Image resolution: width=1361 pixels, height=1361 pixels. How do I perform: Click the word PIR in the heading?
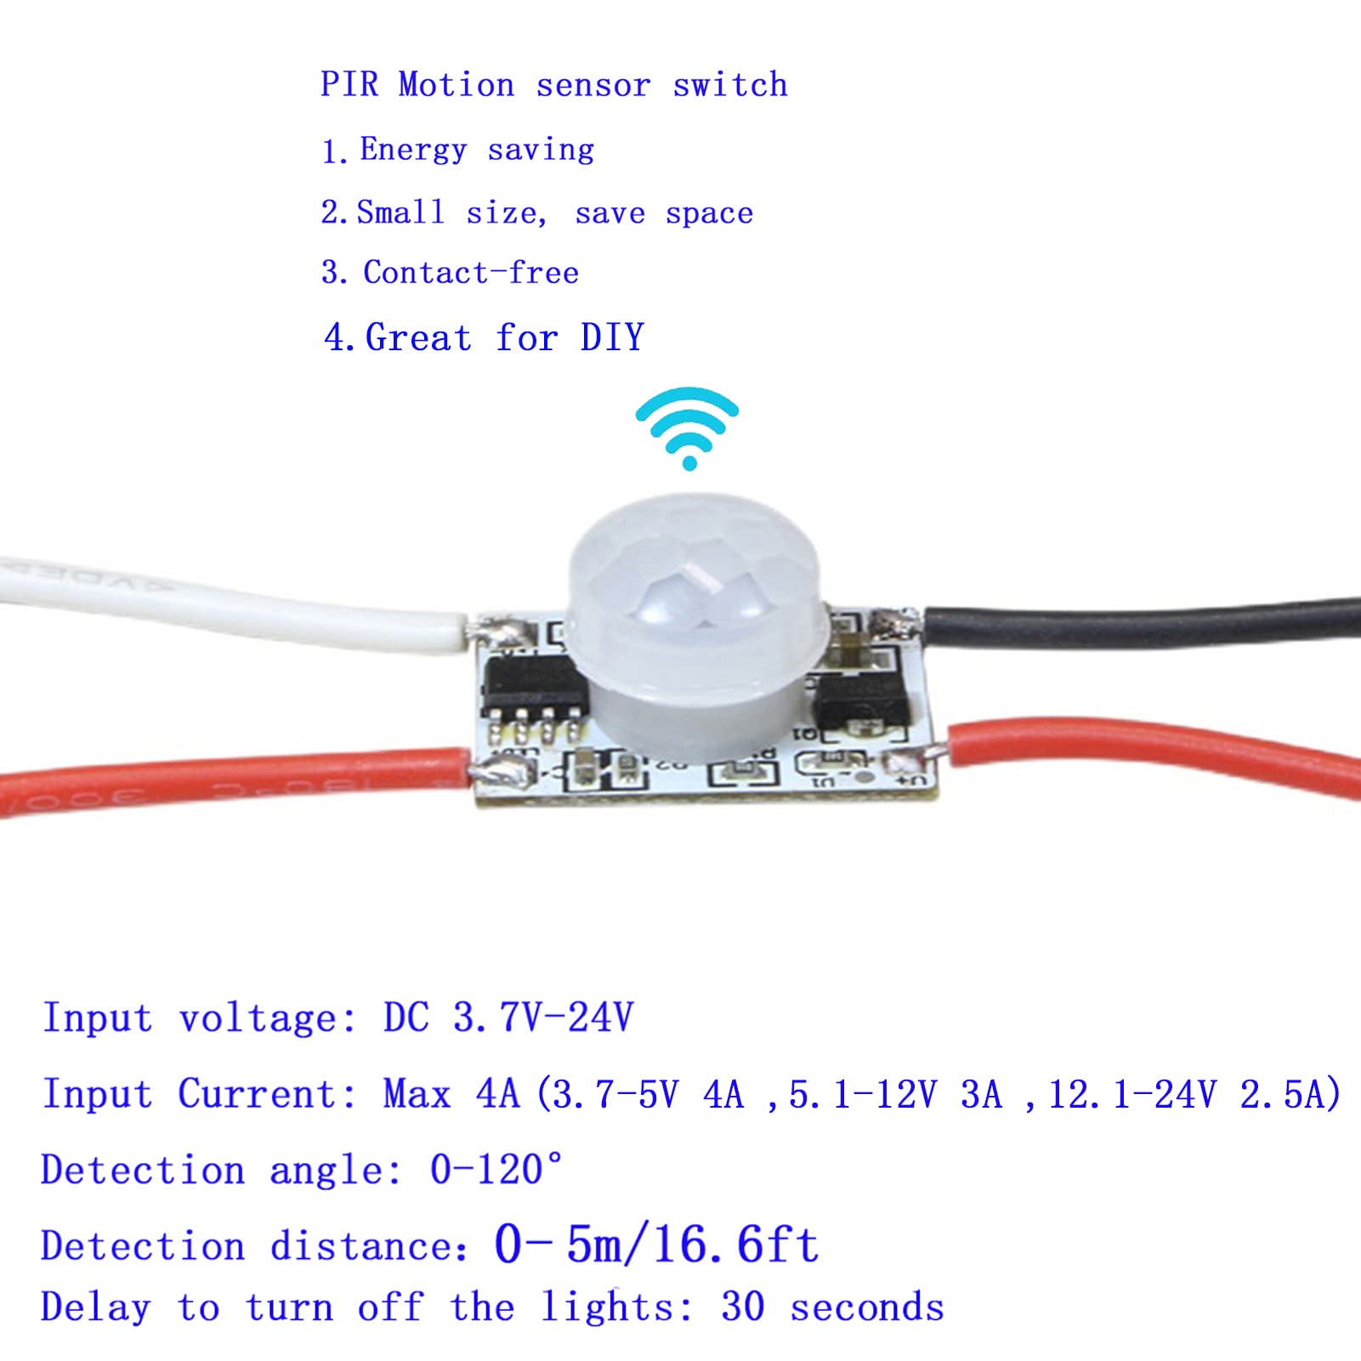click(349, 85)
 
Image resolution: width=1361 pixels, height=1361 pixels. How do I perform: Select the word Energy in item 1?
click(413, 150)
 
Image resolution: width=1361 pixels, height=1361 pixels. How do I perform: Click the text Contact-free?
click(471, 273)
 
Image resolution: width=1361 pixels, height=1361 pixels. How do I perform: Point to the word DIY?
click(612, 338)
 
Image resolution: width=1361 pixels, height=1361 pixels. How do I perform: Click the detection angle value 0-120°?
click(496, 1170)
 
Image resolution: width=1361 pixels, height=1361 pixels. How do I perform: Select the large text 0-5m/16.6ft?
click(656, 1245)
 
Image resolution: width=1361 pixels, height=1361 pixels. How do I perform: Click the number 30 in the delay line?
click(742, 1307)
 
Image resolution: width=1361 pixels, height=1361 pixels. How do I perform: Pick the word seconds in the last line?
click(867, 1307)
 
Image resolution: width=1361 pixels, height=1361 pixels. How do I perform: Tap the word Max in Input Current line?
click(417, 1094)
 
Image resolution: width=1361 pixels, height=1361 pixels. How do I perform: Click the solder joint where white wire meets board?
click(495, 631)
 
